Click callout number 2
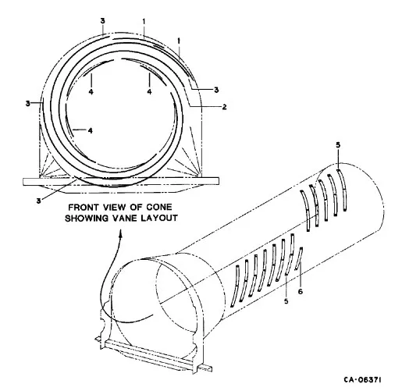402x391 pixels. [x=224, y=107]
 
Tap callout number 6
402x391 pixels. [x=301, y=292]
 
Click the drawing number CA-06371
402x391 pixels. [x=363, y=380]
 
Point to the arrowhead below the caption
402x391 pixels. [x=120, y=233]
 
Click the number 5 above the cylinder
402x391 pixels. [x=338, y=145]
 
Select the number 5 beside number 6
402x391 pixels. [x=286, y=301]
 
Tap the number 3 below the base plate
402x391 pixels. [x=39, y=201]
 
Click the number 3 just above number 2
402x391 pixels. [x=216, y=90]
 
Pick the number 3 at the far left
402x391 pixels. [x=28, y=103]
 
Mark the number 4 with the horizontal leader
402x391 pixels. [x=90, y=130]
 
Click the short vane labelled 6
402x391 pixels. [x=299, y=259]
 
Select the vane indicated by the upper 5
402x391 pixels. [x=342, y=190]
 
